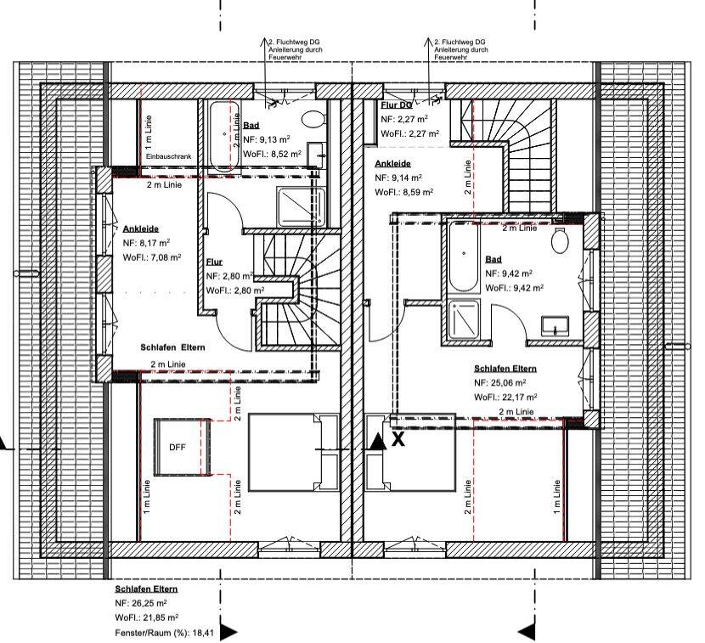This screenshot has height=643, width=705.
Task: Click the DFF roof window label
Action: coord(178,448)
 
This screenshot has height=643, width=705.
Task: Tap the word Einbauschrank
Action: coord(169,156)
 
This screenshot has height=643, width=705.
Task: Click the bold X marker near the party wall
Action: coord(398,439)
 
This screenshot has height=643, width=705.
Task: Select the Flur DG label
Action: coord(396,105)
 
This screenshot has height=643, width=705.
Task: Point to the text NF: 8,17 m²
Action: coord(147,243)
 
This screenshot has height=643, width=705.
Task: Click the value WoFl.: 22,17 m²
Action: coord(505,397)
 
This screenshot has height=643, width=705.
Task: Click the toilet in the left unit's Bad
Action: coord(313,119)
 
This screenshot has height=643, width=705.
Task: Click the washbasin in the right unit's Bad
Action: coord(556,325)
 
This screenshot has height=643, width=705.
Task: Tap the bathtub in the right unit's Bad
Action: coord(464,257)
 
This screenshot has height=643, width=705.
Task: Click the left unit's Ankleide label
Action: coord(141,228)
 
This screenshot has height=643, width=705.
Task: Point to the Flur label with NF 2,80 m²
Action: coord(214,262)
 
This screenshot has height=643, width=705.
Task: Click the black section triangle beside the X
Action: coord(378,442)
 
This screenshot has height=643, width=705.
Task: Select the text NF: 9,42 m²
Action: coord(509,274)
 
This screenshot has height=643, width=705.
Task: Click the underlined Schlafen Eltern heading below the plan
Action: coord(146,589)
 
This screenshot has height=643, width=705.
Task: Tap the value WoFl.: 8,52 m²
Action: coord(272,154)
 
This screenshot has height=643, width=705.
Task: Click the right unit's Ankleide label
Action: coord(393,164)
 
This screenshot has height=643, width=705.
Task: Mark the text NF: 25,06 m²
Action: coord(500,382)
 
